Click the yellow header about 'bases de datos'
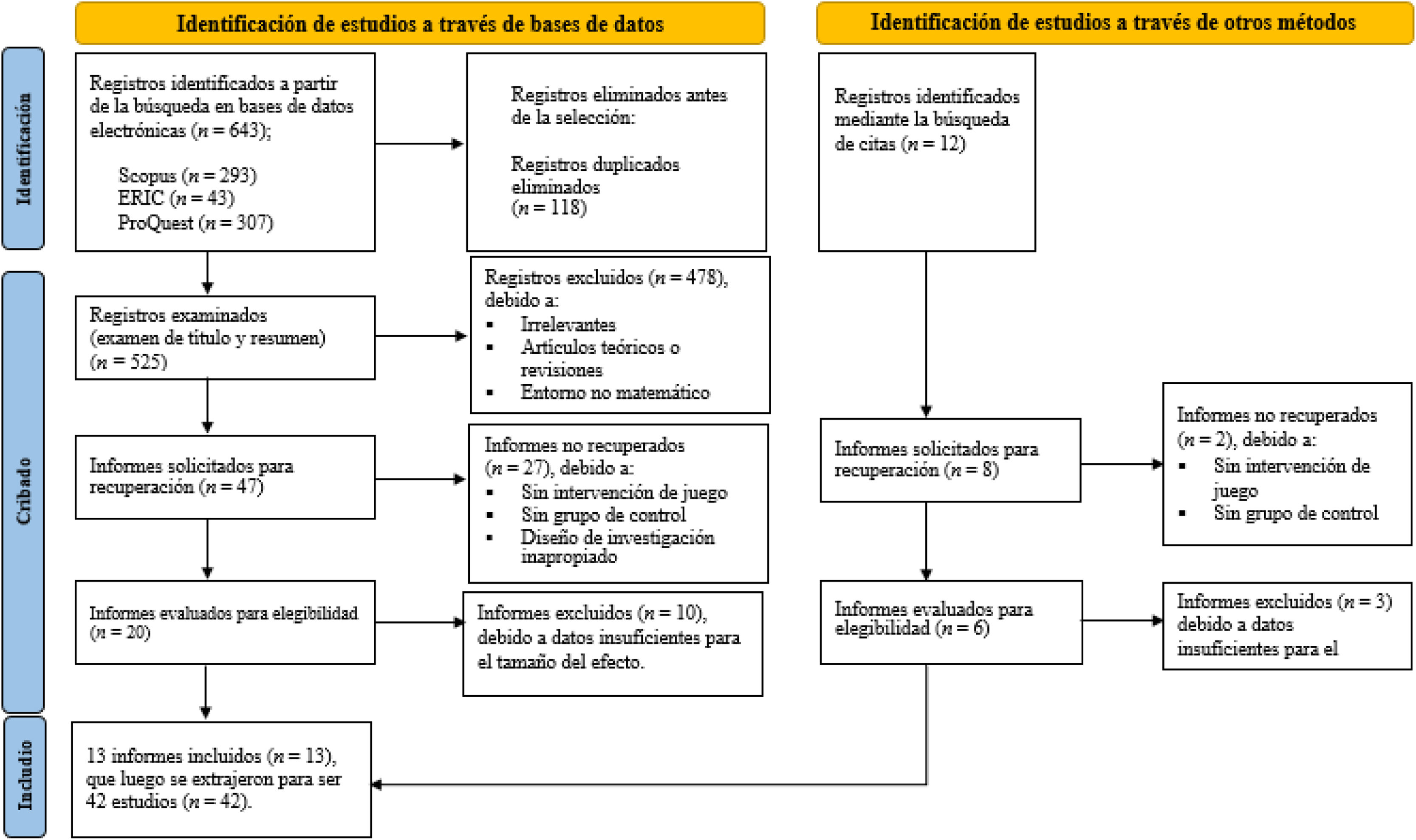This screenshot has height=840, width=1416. point(420,23)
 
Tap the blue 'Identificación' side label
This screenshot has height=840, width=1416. point(23,148)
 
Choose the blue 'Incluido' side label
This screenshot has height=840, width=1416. point(24,776)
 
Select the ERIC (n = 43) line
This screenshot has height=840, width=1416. point(176,198)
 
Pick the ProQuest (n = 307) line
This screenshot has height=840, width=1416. point(195,222)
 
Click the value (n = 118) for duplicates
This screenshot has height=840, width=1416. point(549,208)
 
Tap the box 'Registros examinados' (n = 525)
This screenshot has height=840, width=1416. point(225,338)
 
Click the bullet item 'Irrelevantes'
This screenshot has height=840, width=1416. point(568,324)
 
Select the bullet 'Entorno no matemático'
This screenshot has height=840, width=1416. point(614,392)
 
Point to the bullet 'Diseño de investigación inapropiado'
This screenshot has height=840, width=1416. point(616,546)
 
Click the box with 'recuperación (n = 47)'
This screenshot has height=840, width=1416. point(225,477)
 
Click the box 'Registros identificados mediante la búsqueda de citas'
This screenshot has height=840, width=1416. point(926,152)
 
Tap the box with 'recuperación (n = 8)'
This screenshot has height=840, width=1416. point(950,460)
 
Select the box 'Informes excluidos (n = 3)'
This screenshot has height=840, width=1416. point(1286,625)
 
